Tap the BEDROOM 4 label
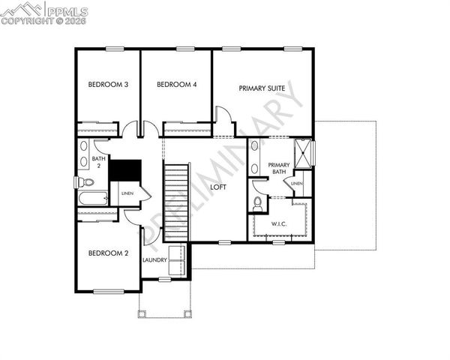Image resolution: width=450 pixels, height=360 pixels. [x=177, y=85]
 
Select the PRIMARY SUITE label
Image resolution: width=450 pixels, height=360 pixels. [x=262, y=88]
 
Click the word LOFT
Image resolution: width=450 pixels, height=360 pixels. [x=218, y=187]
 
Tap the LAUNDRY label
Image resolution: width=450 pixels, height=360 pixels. [x=154, y=259]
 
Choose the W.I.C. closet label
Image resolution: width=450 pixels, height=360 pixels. [x=280, y=224]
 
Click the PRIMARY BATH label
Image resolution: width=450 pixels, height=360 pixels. [x=279, y=169]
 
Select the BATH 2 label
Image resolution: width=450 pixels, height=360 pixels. [x=98, y=163]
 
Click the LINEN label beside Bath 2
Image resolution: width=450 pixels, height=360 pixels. [x=127, y=193]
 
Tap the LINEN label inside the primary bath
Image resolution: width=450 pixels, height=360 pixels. [x=297, y=183]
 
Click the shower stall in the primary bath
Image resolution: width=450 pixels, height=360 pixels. [x=303, y=154]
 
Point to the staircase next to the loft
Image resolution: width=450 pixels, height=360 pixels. [x=177, y=199]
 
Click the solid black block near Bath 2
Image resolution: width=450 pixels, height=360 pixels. [x=125, y=169]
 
